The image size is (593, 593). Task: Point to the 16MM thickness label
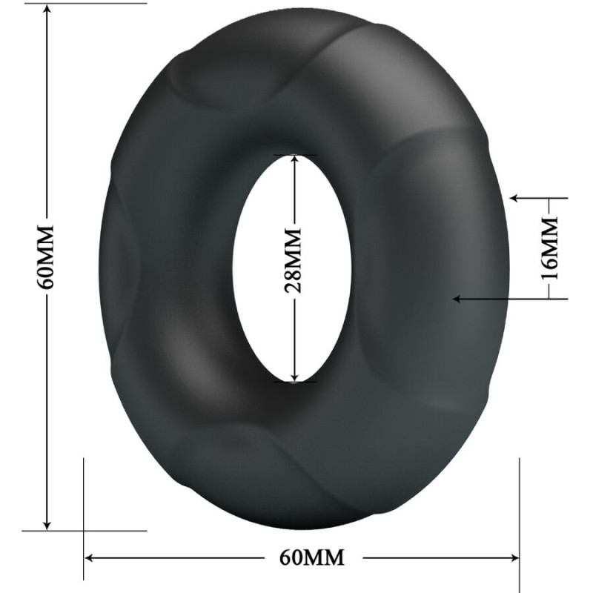point(549,248)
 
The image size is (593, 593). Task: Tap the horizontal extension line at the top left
point(96,3)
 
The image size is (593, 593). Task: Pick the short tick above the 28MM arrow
point(294,155)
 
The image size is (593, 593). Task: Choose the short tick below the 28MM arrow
point(294,382)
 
